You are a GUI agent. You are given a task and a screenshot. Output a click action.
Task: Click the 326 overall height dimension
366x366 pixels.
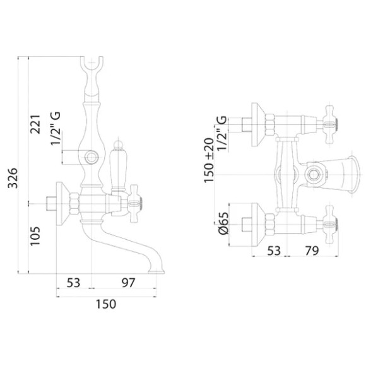pos(13,178)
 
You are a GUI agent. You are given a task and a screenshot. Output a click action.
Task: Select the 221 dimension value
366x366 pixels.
pos(35,124)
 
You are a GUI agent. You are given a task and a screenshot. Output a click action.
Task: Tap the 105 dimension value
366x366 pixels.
pos(35,236)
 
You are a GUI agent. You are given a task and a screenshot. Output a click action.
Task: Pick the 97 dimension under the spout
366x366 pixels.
pos(128,283)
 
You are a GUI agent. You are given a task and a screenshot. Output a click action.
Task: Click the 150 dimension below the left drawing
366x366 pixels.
pos(106,304)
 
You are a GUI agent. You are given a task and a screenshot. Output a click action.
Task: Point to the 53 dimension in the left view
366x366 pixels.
pos(73,283)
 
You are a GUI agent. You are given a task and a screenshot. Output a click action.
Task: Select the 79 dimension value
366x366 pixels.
pos(312,251)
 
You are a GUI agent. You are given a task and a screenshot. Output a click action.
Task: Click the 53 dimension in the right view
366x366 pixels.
pos(274,251)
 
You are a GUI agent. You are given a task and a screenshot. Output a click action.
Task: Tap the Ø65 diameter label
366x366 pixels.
pos(223,223)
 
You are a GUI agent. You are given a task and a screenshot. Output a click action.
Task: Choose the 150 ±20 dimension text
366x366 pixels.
pos(209,160)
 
